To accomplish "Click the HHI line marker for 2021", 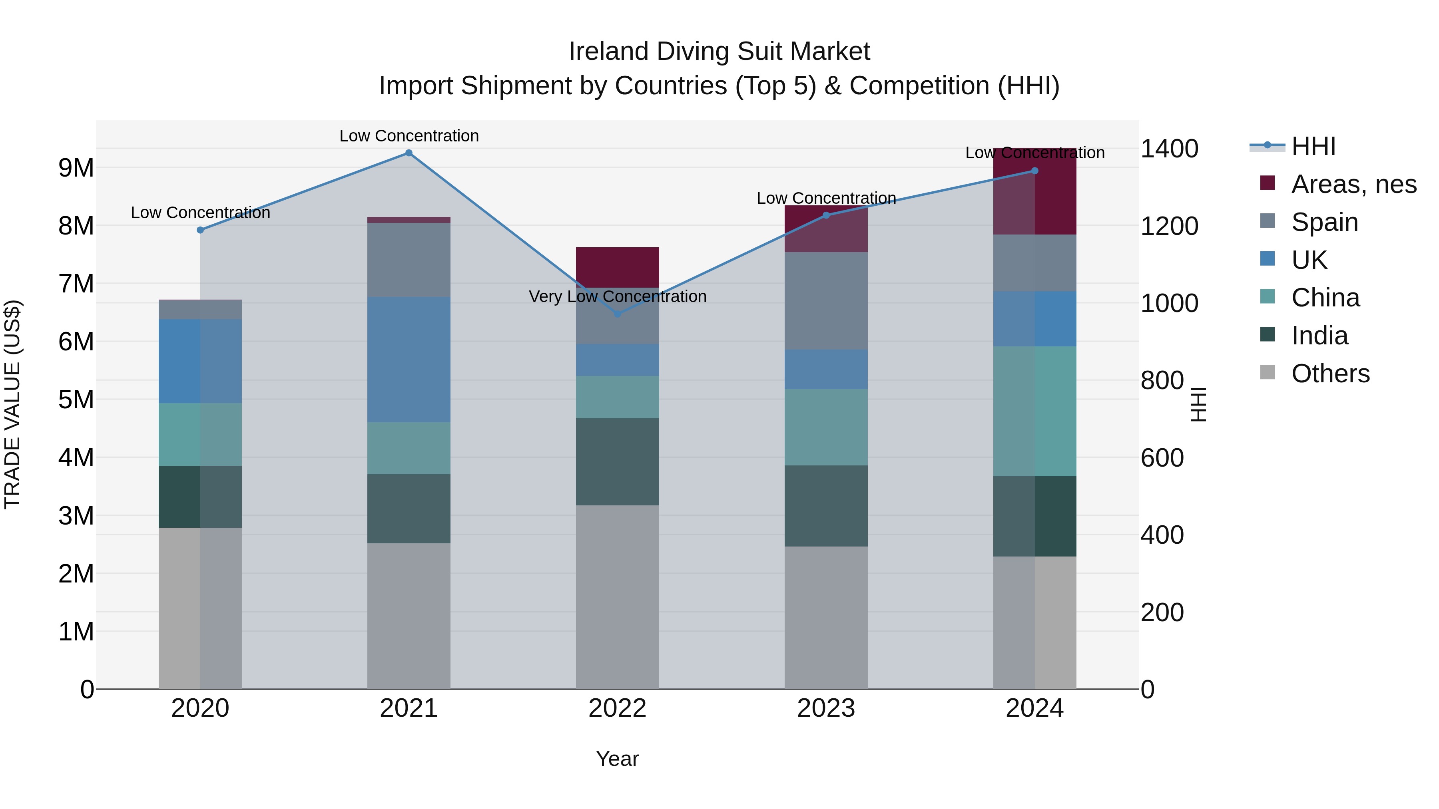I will click(x=409, y=153).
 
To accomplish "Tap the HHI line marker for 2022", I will click(x=617, y=314).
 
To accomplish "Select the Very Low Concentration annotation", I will click(x=617, y=296).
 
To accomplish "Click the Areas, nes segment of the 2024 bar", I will click(x=1034, y=191).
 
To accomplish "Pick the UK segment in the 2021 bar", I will click(x=409, y=360).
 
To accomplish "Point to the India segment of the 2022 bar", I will click(x=617, y=462).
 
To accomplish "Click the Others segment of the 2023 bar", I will click(x=826, y=618).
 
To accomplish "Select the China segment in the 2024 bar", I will click(x=1034, y=411).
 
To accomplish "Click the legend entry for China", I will click(x=1325, y=298).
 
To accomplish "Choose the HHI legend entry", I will click(x=1313, y=146).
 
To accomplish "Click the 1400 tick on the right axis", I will click(x=1169, y=149).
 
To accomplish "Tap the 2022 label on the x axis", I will click(x=617, y=708).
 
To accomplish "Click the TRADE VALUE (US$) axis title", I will click(x=12, y=404).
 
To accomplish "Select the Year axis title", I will click(x=617, y=759).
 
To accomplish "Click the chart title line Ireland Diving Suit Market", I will click(x=719, y=52).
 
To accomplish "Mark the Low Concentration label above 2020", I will click(x=201, y=213).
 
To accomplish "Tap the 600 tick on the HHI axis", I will click(x=1162, y=458).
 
